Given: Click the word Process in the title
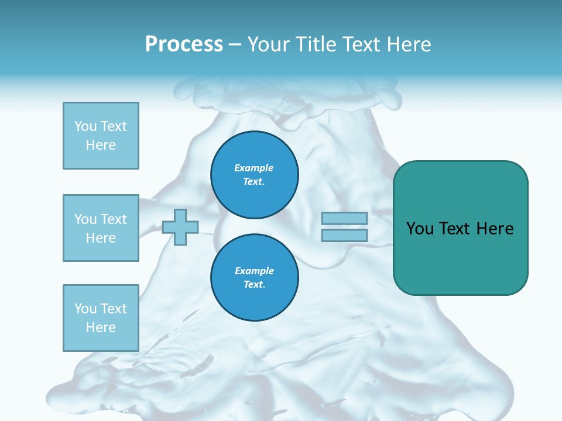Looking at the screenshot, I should (184, 44).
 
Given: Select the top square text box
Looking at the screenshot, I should (101, 136).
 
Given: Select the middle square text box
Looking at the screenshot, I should (101, 228).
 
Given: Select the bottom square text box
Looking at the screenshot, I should (101, 318).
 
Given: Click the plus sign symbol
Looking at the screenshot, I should (180, 227).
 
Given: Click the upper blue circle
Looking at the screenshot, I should (255, 175).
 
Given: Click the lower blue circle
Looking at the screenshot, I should (255, 278).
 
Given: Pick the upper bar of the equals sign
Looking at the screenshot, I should (344, 218).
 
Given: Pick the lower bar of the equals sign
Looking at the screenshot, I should (344, 235).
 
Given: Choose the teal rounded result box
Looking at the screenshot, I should (460, 257).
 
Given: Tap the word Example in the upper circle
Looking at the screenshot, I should (254, 168).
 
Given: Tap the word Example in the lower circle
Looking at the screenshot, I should (254, 271).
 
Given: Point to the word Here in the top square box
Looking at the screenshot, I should (101, 145).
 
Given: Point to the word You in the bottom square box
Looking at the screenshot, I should (85, 309).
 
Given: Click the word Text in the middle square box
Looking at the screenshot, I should (114, 219).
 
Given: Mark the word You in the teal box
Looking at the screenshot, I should (420, 229).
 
